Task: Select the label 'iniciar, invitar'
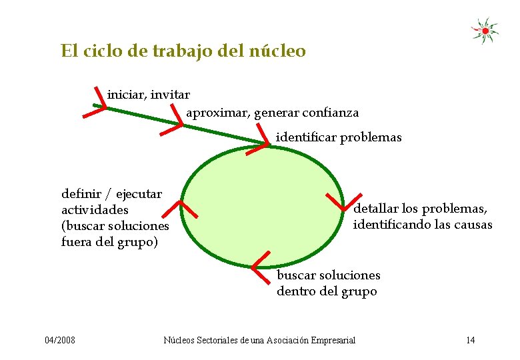[148, 95]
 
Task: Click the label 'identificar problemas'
[339, 137]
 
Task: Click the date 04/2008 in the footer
[60, 341]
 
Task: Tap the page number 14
[470, 341]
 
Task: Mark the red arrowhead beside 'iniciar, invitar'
[97, 105]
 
